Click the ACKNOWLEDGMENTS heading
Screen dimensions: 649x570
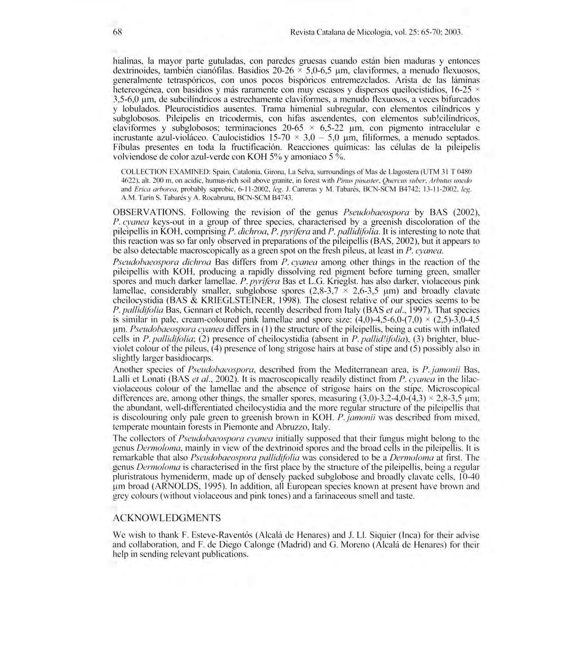click(167, 518)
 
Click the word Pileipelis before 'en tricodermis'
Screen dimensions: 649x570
click(182, 118)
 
